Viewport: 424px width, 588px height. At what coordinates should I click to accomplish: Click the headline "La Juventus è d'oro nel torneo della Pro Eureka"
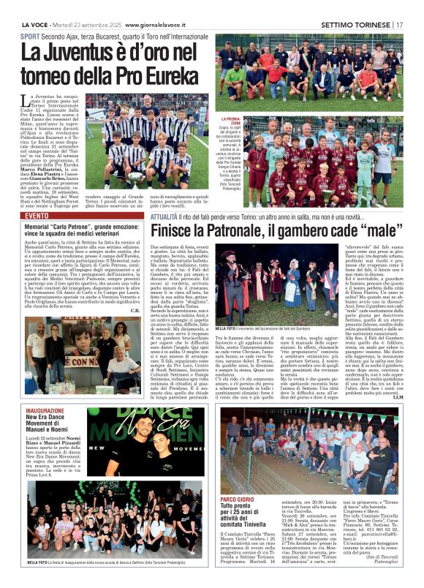[x=108, y=64]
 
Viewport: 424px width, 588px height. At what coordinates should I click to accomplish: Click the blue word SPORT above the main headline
[x=31, y=36]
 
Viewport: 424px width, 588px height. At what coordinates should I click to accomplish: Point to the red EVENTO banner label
[x=38, y=216]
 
